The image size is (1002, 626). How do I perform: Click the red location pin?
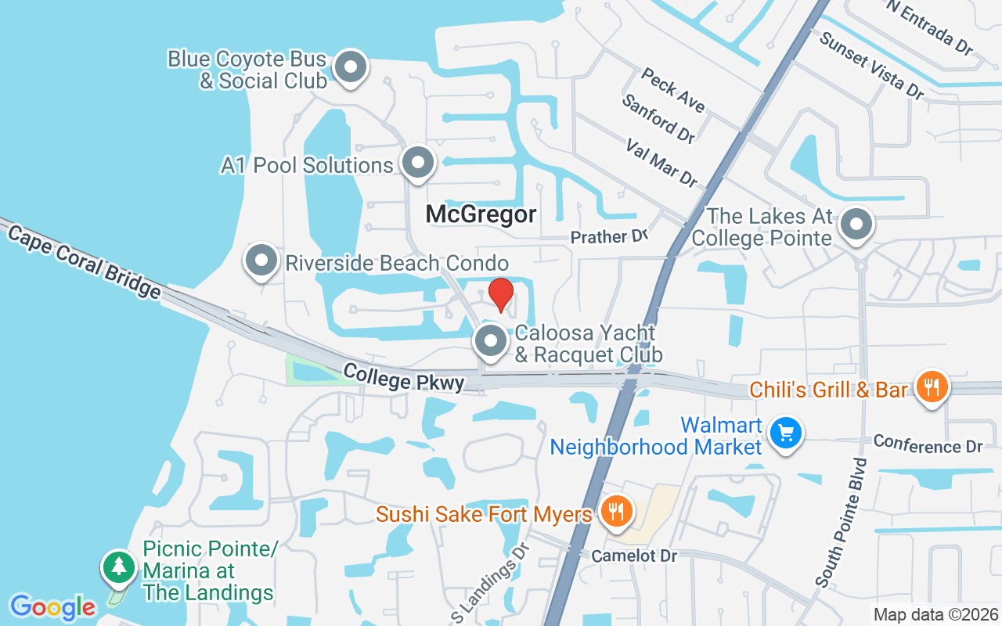click(x=500, y=294)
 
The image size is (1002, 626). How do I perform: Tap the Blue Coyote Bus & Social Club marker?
click(x=351, y=67)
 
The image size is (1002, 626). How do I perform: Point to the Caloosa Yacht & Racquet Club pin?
click(x=491, y=341)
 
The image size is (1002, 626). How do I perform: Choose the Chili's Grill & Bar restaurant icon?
click(x=931, y=387)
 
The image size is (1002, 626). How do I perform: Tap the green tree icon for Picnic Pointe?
click(x=119, y=567)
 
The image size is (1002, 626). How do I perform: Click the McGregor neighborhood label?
click(x=481, y=214)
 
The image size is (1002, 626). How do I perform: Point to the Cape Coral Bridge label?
click(x=81, y=259)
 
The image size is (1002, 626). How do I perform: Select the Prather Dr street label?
click(x=609, y=236)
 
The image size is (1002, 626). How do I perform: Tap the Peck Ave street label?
click(x=672, y=89)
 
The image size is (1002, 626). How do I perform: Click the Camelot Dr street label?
click(x=633, y=556)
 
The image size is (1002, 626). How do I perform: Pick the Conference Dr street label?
click(x=928, y=444)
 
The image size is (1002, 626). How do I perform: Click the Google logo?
click(x=52, y=606)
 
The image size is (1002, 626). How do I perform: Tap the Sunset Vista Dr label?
click(x=870, y=65)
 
